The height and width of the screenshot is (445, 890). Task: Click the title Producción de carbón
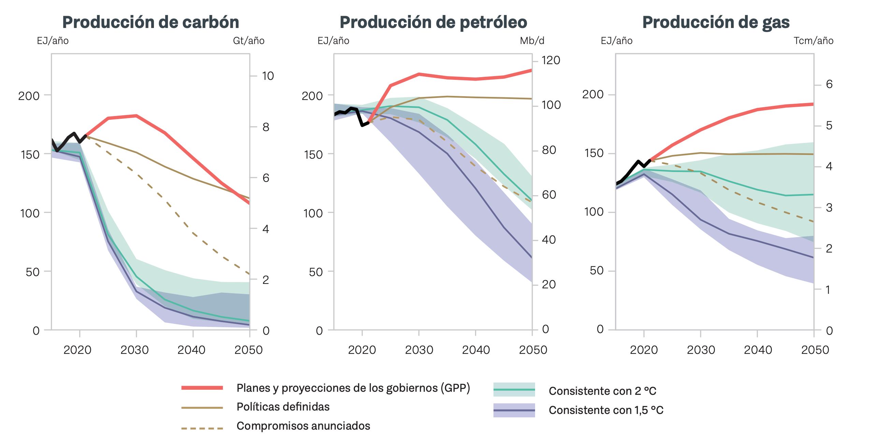tap(150, 23)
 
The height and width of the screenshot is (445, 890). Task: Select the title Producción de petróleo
tap(433, 23)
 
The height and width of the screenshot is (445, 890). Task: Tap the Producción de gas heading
tap(716, 23)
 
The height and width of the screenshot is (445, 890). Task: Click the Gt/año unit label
tap(249, 41)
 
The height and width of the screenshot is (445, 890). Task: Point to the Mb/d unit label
tap(532, 41)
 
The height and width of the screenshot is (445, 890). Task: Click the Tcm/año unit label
tap(813, 41)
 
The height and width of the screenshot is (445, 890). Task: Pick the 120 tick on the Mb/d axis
tap(551, 60)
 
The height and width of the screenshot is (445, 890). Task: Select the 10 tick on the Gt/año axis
tap(268, 76)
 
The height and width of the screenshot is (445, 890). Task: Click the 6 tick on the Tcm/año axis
tap(829, 84)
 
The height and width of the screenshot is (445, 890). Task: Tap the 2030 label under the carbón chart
tap(134, 350)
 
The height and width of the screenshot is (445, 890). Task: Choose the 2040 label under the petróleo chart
tap(476, 350)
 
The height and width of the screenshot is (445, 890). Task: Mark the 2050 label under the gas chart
tap(815, 350)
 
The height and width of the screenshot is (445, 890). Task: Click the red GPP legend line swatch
tap(202, 388)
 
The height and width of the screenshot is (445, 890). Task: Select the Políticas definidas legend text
tap(283, 407)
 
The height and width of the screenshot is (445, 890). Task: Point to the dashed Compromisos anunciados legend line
tap(202, 428)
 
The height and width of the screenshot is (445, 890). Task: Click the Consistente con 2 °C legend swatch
tap(514, 390)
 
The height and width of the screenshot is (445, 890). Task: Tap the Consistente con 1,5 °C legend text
tap(606, 410)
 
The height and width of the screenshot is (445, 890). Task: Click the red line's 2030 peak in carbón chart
tap(137, 116)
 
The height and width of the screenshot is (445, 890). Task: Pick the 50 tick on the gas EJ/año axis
tap(596, 271)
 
